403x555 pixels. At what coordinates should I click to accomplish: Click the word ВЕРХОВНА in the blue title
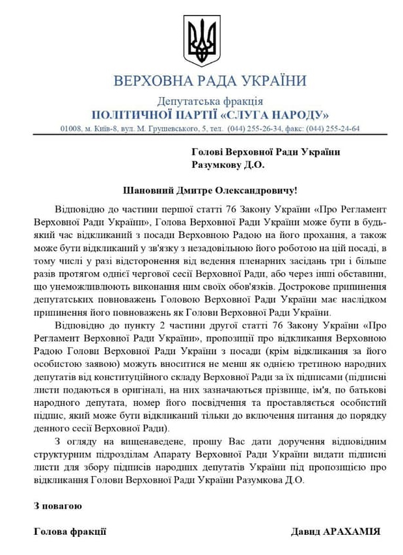(145, 81)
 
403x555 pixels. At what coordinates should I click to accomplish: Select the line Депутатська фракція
(210, 101)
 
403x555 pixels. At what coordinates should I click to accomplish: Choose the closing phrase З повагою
(58, 506)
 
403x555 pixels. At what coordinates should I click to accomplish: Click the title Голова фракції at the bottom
(70, 532)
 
